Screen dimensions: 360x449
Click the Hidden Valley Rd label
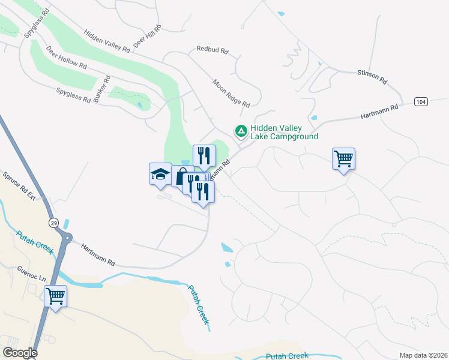pyautogui.click(x=107, y=42)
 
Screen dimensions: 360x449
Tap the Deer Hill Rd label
pyautogui.click(x=148, y=36)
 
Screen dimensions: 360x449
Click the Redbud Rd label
pyautogui.click(x=212, y=51)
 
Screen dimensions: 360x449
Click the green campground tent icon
pyautogui.click(x=241, y=130)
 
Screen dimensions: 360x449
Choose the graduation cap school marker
pyautogui.click(x=160, y=175)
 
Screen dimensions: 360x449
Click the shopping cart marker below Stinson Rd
pyautogui.click(x=343, y=159)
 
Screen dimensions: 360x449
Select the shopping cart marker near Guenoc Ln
pyautogui.click(x=55, y=296)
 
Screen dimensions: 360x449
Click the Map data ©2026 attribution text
pyautogui.click(x=423, y=355)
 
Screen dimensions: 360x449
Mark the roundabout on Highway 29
pyautogui.click(x=66, y=238)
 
